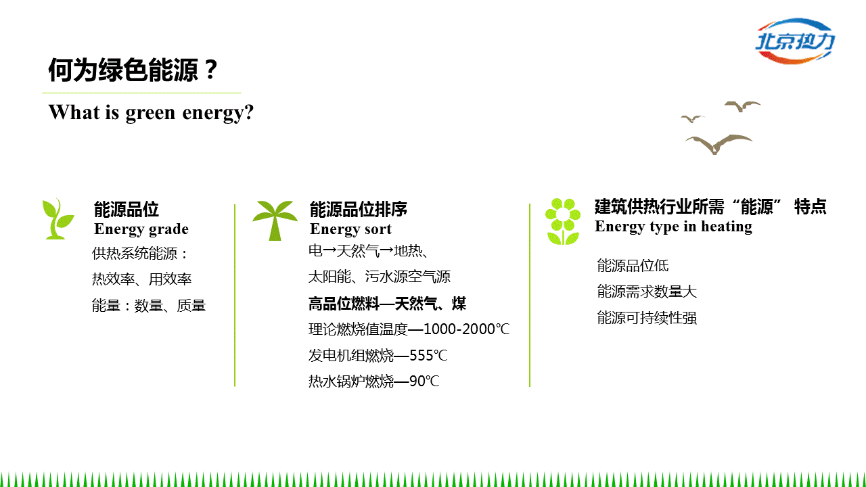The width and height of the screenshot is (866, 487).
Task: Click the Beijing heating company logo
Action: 795,41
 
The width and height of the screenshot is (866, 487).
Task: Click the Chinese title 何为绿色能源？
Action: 133,70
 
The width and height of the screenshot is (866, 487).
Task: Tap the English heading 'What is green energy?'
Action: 151,112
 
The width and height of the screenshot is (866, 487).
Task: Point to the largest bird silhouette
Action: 719,143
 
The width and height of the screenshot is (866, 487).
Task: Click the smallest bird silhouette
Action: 692,118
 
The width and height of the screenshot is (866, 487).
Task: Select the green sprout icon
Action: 58,218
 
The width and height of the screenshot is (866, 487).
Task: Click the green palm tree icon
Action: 275,221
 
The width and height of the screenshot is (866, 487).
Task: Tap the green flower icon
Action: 563,221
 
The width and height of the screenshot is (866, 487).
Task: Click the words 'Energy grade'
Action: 141,229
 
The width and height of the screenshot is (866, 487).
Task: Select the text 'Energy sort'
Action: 350,229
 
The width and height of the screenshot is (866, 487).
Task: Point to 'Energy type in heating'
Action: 673,227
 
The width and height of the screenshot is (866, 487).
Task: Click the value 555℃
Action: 428,355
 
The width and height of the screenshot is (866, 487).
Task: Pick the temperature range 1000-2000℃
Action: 467,329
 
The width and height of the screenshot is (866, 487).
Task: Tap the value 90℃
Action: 424,381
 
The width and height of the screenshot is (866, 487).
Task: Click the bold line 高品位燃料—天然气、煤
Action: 388,304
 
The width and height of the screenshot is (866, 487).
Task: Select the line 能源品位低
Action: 633,266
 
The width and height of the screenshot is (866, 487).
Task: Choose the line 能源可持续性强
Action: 647,318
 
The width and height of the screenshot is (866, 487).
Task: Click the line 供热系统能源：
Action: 140,254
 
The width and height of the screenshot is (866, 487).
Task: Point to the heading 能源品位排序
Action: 359,209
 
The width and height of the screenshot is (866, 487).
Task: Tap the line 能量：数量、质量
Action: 149,306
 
